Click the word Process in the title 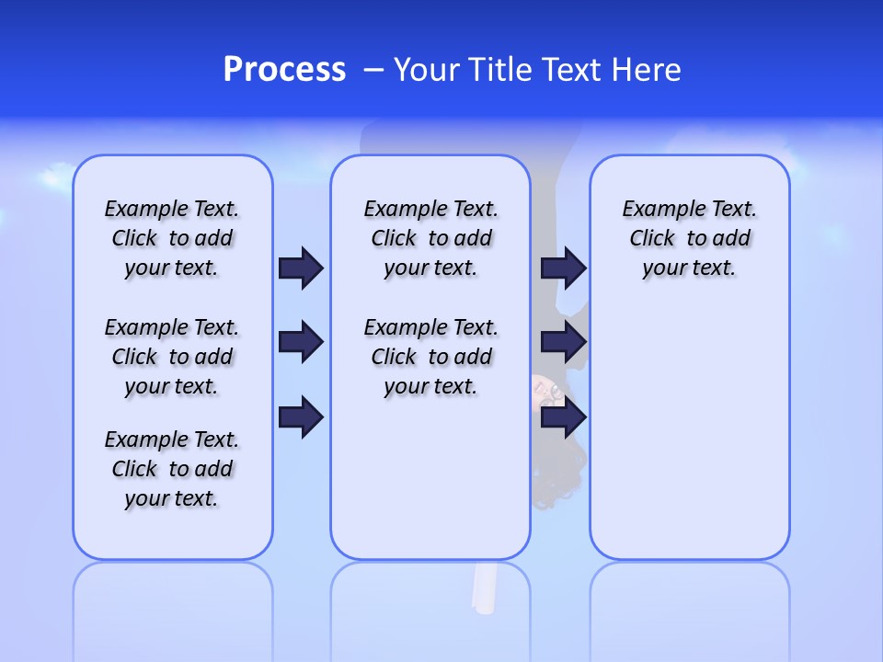point(284,70)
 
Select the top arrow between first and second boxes point(301,268)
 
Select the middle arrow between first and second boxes point(301,342)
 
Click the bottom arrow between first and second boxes point(301,417)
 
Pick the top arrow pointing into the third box point(563,268)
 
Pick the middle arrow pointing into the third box point(563,342)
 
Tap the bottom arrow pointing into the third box point(563,417)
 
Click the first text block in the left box point(172,238)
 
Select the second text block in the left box point(172,357)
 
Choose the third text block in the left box point(172,469)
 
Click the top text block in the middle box point(430,238)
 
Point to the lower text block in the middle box point(430,357)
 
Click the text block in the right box point(689,238)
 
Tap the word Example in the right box point(656,210)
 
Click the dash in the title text point(373,70)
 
